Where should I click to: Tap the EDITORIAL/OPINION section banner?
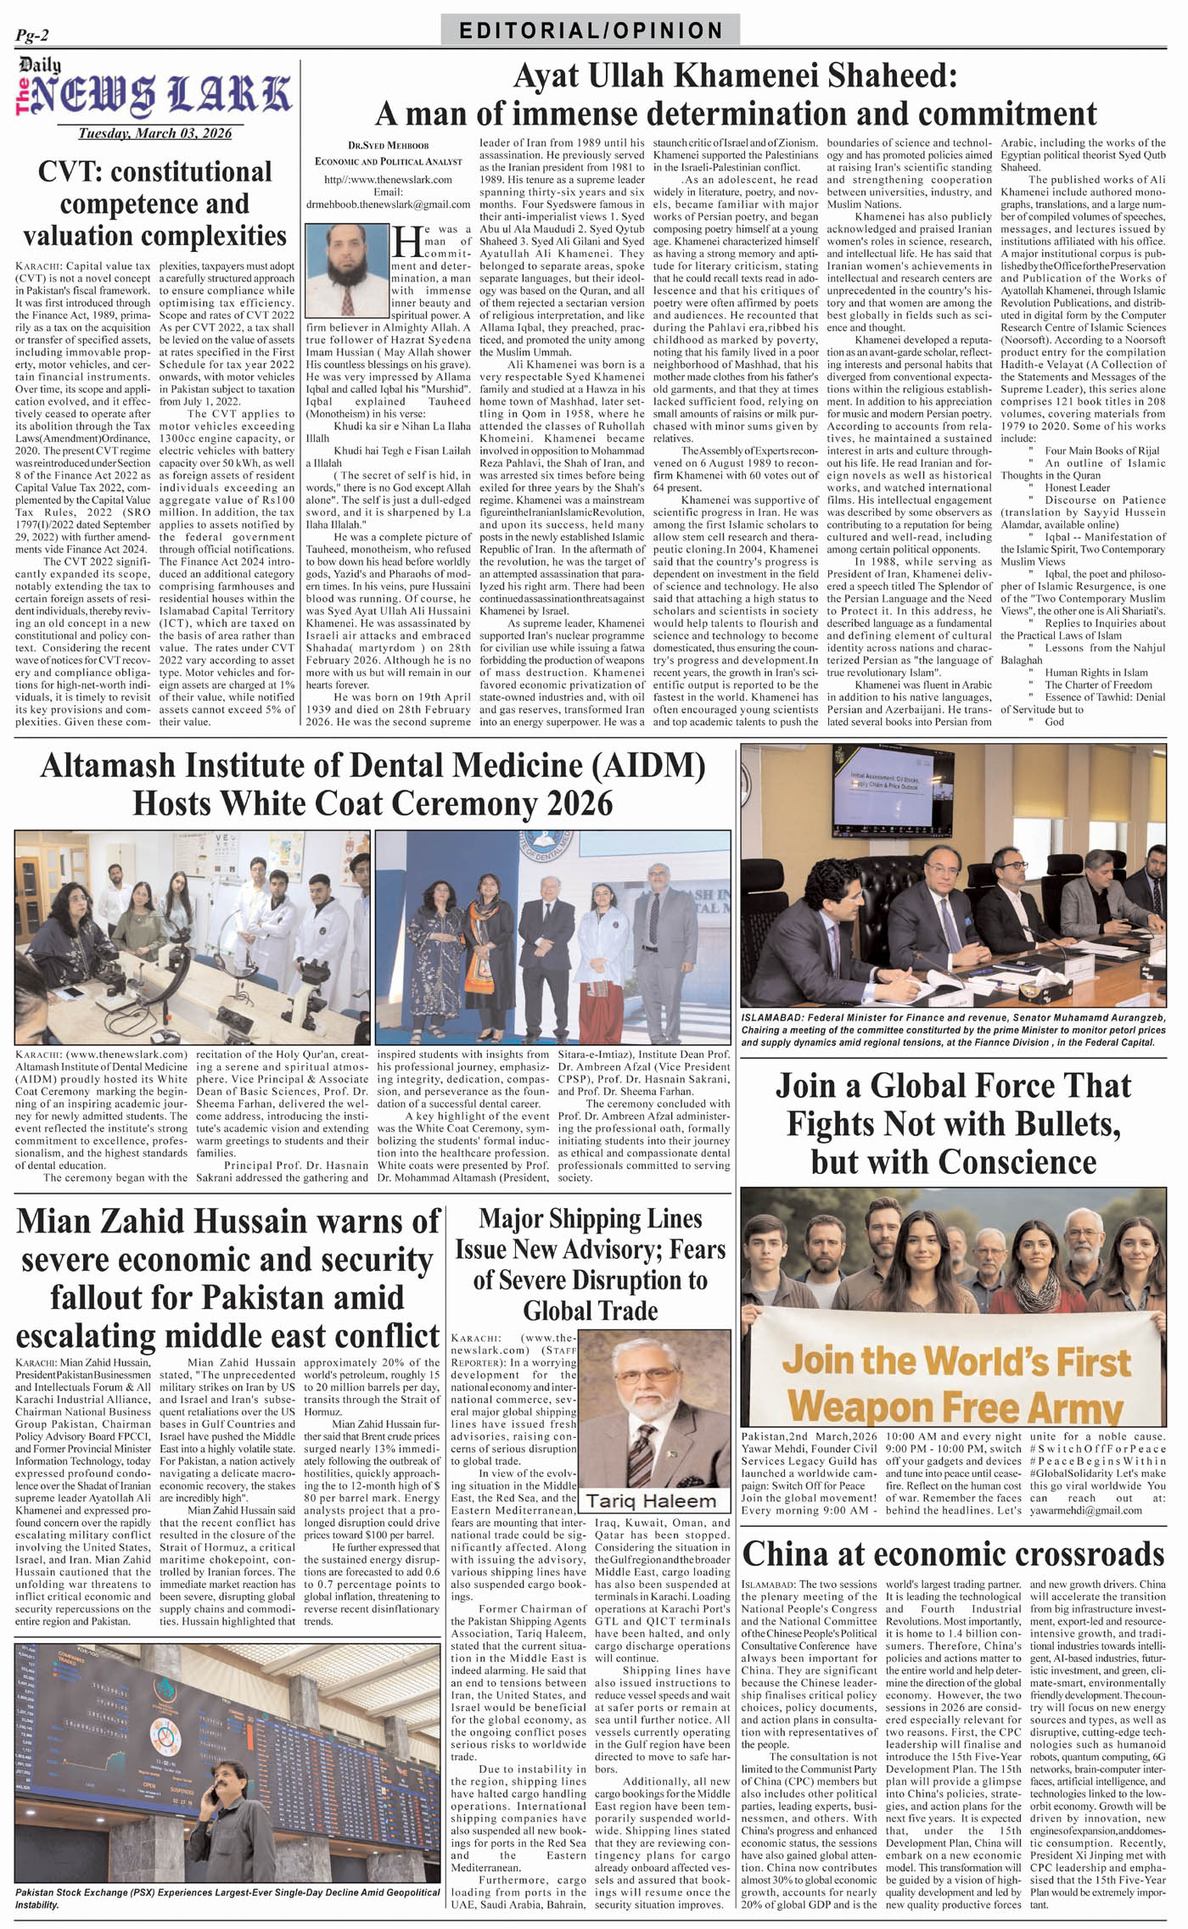591,31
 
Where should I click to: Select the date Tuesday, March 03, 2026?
154,133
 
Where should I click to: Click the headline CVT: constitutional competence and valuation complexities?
154,204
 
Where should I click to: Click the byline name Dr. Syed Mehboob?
389,146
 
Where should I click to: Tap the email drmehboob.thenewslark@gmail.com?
389,204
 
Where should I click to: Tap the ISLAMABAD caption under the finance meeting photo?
953,1029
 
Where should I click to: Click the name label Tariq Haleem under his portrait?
651,1501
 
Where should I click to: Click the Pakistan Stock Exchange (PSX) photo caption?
227,1898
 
